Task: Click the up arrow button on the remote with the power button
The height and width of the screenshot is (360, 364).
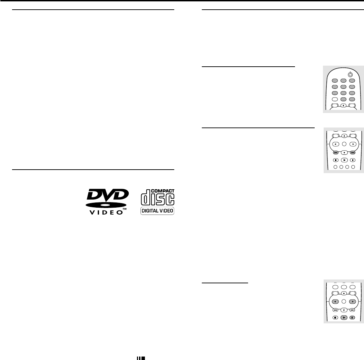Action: click(343, 106)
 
